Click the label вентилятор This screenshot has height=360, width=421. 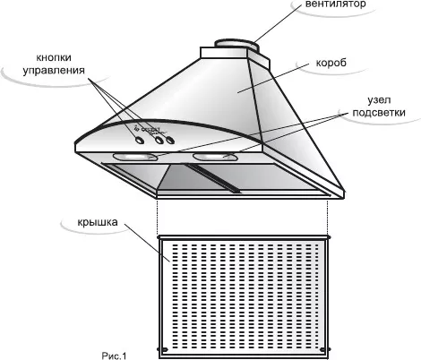click(x=335, y=4)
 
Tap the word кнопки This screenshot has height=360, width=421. click(x=54, y=57)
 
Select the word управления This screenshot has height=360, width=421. click(x=54, y=71)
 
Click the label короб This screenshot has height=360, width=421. click(x=331, y=63)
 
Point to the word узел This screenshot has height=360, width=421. click(x=379, y=100)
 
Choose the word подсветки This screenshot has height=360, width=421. click(x=379, y=113)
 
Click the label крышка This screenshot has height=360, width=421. click(x=98, y=222)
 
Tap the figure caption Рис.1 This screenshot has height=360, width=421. click(x=114, y=356)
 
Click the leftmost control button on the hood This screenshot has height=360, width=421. click(x=140, y=140)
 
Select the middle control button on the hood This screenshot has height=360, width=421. click(x=159, y=140)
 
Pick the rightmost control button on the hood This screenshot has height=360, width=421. click(x=170, y=140)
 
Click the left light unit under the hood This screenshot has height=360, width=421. click(x=135, y=157)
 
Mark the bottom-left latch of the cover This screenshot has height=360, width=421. click(x=163, y=349)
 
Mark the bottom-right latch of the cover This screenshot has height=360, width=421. click(x=325, y=349)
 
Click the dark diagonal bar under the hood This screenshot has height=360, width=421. click(x=213, y=178)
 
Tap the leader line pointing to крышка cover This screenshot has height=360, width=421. click(x=148, y=243)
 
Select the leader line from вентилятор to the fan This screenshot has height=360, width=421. click(x=277, y=24)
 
